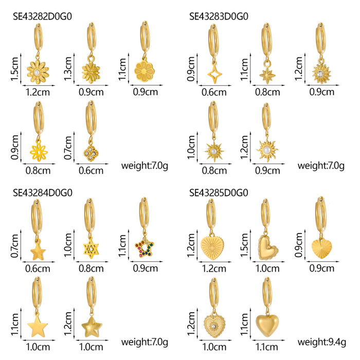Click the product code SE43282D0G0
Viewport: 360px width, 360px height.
tap(42, 16)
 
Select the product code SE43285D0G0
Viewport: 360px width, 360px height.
tap(219, 193)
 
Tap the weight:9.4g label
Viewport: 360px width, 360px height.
tap(321, 343)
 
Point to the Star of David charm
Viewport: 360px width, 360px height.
tap(91, 248)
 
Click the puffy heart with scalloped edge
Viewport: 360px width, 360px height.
tap(268, 247)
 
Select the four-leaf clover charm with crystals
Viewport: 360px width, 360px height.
tap(91, 152)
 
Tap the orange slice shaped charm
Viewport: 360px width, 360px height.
tap(145, 71)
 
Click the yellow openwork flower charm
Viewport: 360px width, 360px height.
tap(39, 151)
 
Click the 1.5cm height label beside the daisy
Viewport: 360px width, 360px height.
tap(14, 69)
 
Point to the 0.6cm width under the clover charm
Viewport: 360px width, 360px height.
tap(91, 171)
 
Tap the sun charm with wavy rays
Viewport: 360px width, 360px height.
tap(267, 150)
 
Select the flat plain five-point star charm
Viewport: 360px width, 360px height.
tap(38, 326)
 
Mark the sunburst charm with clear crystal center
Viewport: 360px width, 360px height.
tap(321, 74)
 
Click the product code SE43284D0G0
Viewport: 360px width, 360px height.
tap(43, 193)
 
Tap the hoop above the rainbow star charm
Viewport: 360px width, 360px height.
tap(144, 213)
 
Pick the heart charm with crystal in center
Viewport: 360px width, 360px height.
tap(214, 326)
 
